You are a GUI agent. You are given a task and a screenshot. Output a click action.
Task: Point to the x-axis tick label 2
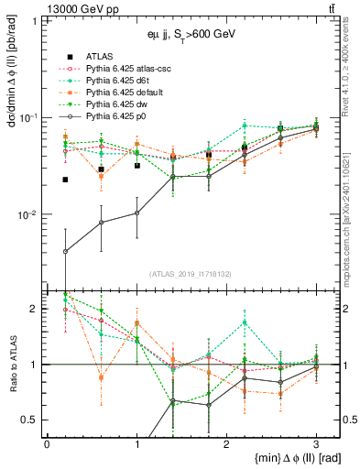pyautogui.click(x=226, y=442)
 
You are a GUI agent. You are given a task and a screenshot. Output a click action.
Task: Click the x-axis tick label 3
pyautogui.click(x=316, y=442)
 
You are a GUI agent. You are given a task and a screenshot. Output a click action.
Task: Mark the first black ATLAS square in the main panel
pyautogui.click(x=65, y=180)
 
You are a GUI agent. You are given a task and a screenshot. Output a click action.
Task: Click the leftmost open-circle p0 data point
pyautogui.click(x=65, y=251)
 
